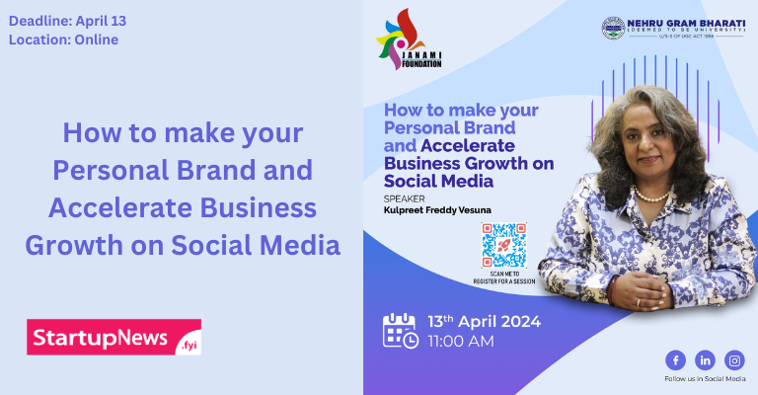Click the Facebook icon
pos(675,359)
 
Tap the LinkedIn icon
pos(705,359)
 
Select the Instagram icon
pos(734,359)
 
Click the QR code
pos(503,245)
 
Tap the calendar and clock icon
pos(400,331)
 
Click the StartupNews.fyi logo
pos(114,337)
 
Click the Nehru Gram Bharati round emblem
pos(613,28)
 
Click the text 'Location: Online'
pos(63,39)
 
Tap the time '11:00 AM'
pos(461,342)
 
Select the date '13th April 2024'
pos(485,322)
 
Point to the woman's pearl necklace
pos(650,195)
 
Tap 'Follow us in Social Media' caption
pos(704,379)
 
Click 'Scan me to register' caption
pos(503,278)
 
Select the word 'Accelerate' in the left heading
pos(120,207)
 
